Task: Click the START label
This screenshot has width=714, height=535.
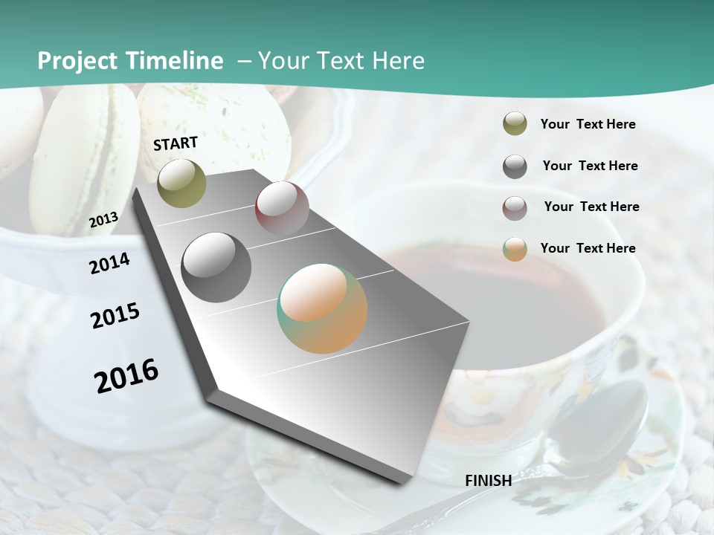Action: click(176, 143)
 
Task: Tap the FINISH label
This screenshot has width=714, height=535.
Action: click(488, 480)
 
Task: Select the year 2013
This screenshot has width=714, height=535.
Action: click(103, 219)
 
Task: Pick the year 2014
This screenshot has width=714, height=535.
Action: click(109, 263)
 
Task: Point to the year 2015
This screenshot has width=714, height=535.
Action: click(115, 316)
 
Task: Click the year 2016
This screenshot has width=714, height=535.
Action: click(126, 375)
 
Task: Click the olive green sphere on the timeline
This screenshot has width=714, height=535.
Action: click(181, 183)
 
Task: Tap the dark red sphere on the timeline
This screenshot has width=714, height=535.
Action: click(282, 207)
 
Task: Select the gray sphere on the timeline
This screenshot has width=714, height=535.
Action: click(216, 267)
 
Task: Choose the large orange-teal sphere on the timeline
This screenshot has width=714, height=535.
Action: click(322, 308)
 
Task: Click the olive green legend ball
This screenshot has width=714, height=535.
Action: click(515, 123)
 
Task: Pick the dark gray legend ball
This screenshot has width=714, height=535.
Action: click(515, 166)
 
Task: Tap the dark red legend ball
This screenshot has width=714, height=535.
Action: click(515, 207)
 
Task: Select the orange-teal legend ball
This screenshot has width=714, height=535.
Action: click(515, 249)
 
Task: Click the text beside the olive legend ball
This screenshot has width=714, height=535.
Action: click(588, 124)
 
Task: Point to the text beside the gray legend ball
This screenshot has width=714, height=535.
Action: click(590, 166)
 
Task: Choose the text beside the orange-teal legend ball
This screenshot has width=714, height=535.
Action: click(588, 248)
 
